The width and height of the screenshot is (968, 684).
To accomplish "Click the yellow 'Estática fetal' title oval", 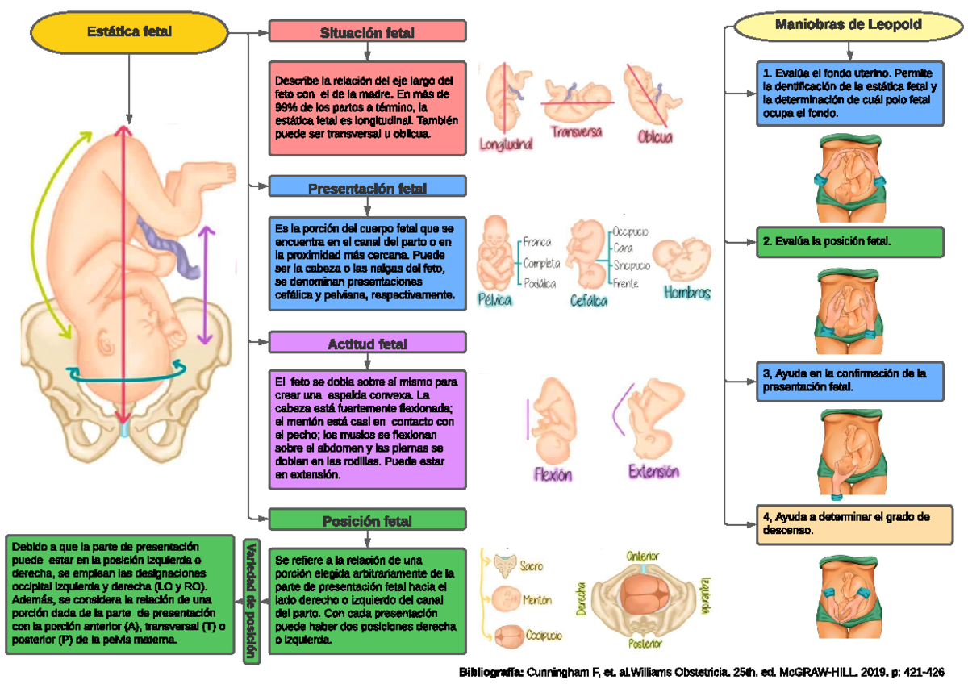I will pyautogui.click(x=129, y=31).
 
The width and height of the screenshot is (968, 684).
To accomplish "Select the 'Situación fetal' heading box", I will pyautogui.click(x=367, y=32).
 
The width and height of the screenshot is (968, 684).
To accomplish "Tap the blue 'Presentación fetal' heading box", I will pyautogui.click(x=367, y=187).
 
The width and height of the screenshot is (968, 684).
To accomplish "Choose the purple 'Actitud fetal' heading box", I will pyautogui.click(x=367, y=344).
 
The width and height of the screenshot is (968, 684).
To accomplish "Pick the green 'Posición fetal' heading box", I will pyautogui.click(x=367, y=520).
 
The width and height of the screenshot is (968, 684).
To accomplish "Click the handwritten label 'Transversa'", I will pyautogui.click(x=577, y=131).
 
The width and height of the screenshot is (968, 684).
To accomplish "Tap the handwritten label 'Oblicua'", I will pyautogui.click(x=655, y=137).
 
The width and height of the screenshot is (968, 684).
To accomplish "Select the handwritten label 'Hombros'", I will pyautogui.click(x=687, y=293).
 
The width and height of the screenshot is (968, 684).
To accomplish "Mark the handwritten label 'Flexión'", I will pyautogui.click(x=553, y=474).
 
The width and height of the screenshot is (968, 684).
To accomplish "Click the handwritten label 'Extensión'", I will pyautogui.click(x=653, y=472).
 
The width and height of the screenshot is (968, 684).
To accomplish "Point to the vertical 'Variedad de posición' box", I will pyautogui.click(x=252, y=601).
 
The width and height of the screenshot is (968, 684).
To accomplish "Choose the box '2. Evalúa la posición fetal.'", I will pyautogui.click(x=849, y=240).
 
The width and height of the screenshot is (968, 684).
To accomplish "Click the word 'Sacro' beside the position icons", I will pyautogui.click(x=532, y=566).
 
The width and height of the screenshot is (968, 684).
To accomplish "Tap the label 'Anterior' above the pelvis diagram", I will pyautogui.click(x=643, y=557).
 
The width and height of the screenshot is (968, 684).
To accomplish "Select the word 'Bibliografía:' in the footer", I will pyautogui.click(x=491, y=672).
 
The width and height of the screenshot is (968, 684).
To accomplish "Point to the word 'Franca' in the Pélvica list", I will pyautogui.click(x=536, y=241).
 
